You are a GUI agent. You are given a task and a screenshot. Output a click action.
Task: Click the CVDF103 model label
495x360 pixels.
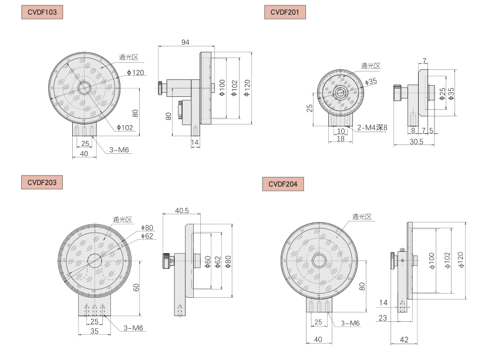tap(42, 12)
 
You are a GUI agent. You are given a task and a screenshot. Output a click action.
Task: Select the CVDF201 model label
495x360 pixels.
tap(285, 12)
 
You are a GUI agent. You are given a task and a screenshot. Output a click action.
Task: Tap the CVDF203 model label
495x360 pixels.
tap(42, 183)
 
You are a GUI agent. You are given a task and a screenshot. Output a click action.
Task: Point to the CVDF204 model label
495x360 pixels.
tap(283, 184)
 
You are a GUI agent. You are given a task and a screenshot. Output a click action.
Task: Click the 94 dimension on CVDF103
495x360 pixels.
tap(186, 42)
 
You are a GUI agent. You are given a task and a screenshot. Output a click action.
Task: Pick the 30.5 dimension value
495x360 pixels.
tap(416, 142)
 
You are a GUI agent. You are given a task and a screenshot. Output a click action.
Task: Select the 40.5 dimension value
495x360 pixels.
tap(182, 210)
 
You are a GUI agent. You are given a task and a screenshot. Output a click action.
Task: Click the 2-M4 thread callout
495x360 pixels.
tap(372, 127)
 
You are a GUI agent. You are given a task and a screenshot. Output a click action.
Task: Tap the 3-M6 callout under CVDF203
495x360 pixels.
tap(133, 328)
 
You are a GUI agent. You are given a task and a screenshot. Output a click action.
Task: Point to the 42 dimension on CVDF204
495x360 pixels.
tap(404, 339)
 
